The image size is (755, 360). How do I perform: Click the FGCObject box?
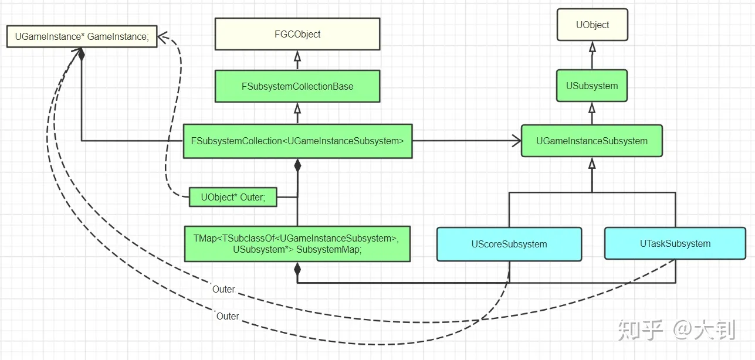point(297,34)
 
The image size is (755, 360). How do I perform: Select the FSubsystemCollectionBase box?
point(297,86)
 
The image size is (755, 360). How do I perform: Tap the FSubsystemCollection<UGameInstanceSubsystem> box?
point(297,141)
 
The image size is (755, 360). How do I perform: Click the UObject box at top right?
point(592,25)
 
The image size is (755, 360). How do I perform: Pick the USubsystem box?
point(592,86)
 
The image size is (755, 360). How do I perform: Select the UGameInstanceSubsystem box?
point(592,141)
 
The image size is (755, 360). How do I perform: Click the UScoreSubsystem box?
point(509,244)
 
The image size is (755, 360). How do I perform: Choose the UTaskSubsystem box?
point(675,243)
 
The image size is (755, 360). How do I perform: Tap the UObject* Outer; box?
point(233,198)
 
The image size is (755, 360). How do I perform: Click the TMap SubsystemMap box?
point(297,243)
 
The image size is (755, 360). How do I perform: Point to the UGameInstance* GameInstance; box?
point(82,36)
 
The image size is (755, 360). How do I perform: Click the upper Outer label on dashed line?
point(224,289)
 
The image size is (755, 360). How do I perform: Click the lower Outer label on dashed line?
point(228,316)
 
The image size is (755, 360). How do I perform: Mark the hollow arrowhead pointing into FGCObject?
point(297,56)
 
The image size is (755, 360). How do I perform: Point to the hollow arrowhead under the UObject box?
point(592,47)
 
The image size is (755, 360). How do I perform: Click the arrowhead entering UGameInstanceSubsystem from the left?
point(516,141)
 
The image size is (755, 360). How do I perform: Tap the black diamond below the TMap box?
point(297,269)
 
